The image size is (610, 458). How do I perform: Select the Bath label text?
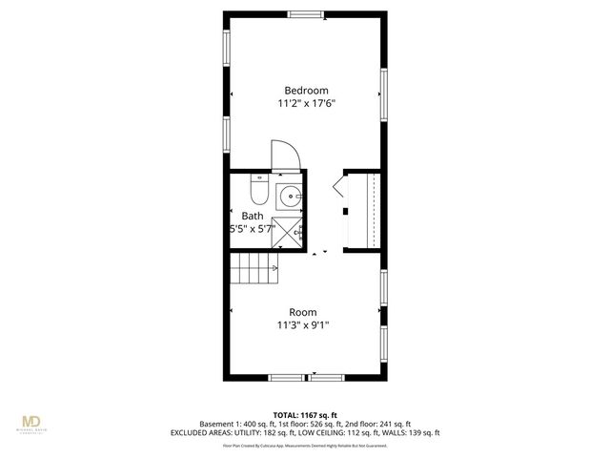[x=252, y=216]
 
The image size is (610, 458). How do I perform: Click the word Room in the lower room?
[x=303, y=312]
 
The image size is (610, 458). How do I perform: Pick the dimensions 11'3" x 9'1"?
[x=303, y=325]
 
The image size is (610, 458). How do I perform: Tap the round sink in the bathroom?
[x=290, y=198]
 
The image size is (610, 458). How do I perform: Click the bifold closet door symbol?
[x=338, y=187]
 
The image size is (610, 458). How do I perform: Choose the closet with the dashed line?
[x=365, y=210]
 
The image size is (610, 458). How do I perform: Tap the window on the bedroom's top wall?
[x=305, y=13]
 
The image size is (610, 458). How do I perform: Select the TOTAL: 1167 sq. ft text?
[x=304, y=415]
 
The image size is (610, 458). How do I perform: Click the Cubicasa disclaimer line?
[x=305, y=445]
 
